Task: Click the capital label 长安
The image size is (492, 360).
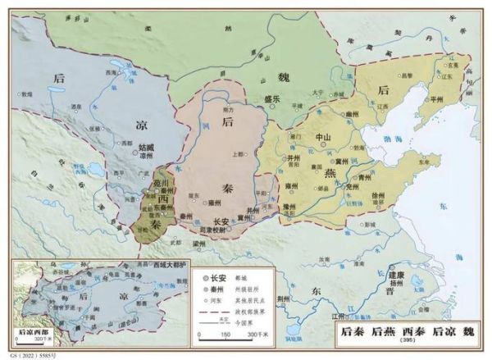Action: tap(220, 221)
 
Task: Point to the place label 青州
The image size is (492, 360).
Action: tap(366, 175)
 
